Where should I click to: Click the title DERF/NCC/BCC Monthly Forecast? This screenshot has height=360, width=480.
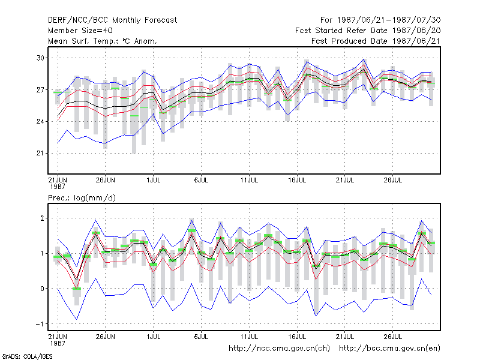[x=112, y=20]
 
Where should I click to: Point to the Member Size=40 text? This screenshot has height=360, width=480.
[x=80, y=31]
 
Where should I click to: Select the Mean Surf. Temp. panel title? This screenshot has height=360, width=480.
[x=103, y=41]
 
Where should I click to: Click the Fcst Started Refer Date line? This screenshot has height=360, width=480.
[x=368, y=31]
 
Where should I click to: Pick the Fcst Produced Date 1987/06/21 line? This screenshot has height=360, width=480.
[x=376, y=41]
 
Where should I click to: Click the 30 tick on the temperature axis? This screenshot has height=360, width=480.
[x=40, y=58]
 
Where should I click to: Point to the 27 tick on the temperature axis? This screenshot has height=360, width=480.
[x=40, y=89]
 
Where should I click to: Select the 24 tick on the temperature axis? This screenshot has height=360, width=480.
[x=40, y=122]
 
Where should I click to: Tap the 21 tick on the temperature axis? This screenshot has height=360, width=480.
[x=40, y=154]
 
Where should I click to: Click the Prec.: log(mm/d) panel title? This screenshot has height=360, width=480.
[x=82, y=198]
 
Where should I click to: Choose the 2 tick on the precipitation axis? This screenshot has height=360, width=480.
[x=42, y=218]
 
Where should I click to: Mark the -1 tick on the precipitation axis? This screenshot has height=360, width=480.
[x=40, y=324]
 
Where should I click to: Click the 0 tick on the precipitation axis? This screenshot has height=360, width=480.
[x=42, y=289]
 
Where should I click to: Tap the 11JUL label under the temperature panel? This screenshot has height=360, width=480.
[x=249, y=180]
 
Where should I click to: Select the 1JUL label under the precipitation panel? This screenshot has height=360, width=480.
[x=154, y=337]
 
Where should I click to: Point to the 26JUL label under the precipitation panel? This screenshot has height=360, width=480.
[x=393, y=337]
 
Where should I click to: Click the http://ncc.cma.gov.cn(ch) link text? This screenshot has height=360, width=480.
[x=279, y=349]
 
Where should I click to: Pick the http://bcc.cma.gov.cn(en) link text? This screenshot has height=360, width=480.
[x=389, y=349]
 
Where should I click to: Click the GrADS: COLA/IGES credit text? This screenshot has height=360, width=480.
[x=27, y=356]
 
